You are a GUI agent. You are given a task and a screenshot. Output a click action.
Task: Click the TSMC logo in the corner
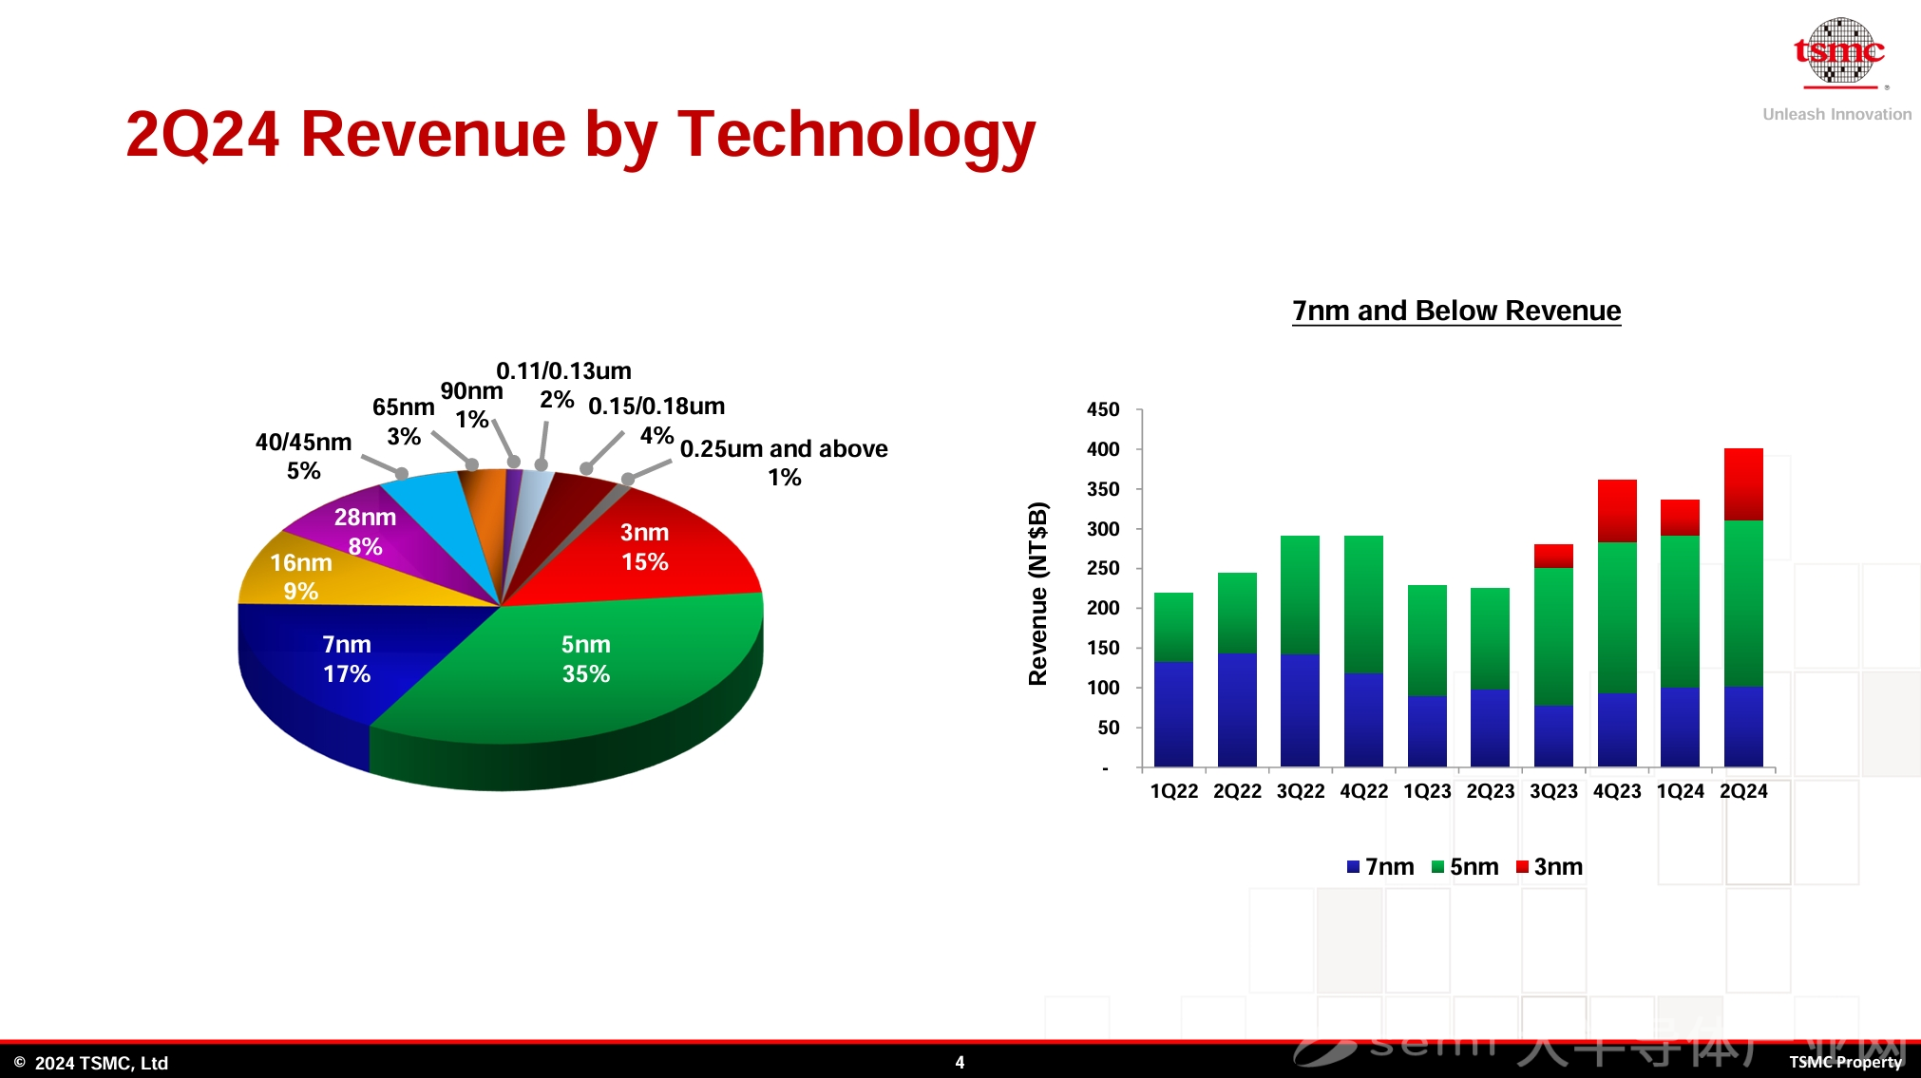coord(1838,52)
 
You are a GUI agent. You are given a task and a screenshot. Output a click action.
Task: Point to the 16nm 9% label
coord(301,577)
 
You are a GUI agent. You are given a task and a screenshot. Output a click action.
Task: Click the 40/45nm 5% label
coord(304,456)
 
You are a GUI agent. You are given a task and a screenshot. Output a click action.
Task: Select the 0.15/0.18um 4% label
coord(656,419)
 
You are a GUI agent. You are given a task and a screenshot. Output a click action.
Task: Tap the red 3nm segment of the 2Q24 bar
coord(1743,484)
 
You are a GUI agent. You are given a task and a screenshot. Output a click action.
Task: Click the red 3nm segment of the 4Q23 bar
coord(1617,511)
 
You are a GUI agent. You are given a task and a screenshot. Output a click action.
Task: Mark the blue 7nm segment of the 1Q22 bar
coord(1173,714)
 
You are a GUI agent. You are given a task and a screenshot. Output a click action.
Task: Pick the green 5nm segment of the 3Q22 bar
coord(1300,595)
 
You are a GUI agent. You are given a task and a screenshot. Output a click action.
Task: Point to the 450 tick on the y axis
coord(1103,409)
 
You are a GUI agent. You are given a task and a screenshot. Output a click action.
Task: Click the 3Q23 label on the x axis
coord(1553,791)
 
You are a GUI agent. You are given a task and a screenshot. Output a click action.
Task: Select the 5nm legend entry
coord(1465,866)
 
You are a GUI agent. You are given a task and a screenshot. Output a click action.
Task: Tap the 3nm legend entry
coord(1550,866)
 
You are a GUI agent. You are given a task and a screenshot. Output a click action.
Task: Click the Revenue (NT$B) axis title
coord(1038,594)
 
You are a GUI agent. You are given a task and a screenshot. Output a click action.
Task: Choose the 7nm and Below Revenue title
coord(1456,311)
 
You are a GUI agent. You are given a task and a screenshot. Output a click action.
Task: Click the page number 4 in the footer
coord(960,1062)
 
